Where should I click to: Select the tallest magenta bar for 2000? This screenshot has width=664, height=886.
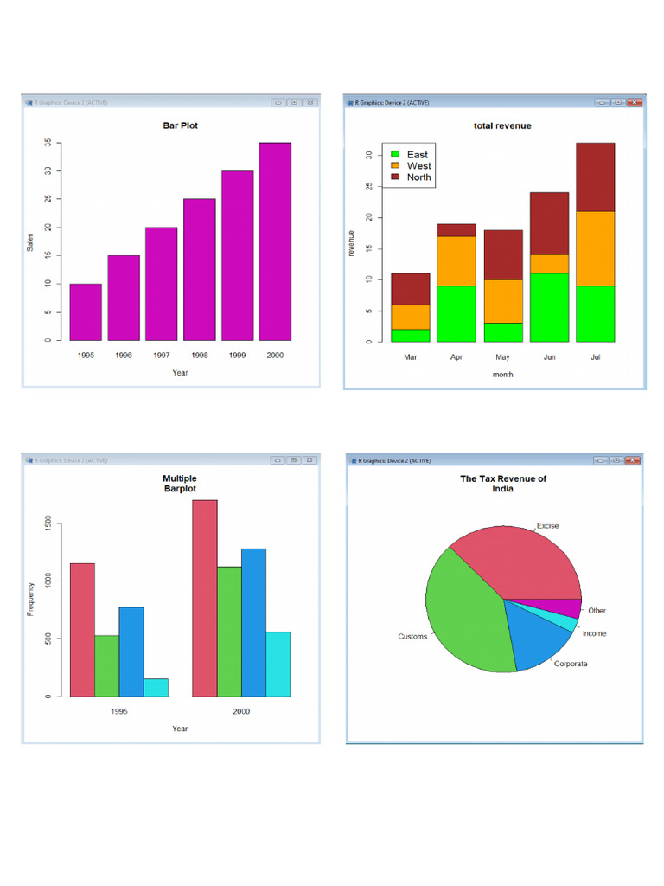click(275, 241)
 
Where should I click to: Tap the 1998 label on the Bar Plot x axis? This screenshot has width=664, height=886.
click(199, 356)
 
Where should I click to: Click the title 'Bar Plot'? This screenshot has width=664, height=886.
click(180, 126)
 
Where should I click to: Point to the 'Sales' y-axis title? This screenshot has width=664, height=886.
click(30, 241)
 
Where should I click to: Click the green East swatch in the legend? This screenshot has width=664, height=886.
click(395, 155)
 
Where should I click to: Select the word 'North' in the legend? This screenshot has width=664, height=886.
click(418, 177)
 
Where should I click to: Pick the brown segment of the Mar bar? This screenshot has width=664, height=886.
click(411, 289)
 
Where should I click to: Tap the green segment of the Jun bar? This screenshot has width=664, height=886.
click(549, 307)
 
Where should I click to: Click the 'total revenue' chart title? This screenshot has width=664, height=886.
click(502, 126)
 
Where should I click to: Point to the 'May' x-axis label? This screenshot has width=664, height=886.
click(502, 356)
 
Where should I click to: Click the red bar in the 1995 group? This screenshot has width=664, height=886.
click(82, 630)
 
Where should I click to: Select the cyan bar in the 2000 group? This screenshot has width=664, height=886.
click(278, 664)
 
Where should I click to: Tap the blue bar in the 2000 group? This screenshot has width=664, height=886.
click(253, 622)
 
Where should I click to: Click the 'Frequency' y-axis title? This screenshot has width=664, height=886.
click(30, 598)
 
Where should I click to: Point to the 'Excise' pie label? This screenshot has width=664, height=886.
click(547, 525)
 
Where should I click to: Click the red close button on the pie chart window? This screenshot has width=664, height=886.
click(634, 460)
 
